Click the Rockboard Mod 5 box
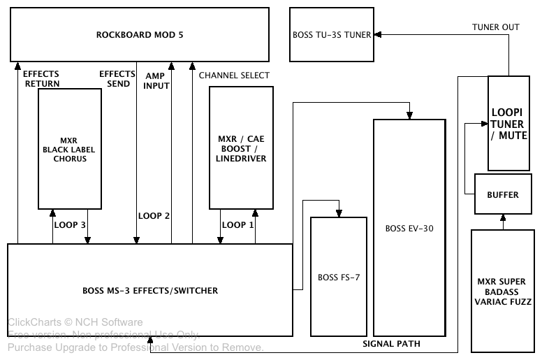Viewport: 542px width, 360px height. [140, 34]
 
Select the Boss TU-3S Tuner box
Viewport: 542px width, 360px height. [331, 34]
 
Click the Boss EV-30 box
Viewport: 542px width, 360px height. [409, 228]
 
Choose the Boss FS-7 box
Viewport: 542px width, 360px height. [338, 277]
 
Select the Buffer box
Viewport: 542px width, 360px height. [502, 194]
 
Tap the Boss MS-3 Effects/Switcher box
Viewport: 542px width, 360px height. [149, 289]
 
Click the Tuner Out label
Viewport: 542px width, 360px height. [496, 27]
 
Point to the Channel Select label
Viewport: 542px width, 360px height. [234, 75]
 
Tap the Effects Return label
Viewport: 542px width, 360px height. [41, 78]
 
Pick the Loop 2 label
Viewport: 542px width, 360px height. [154, 216]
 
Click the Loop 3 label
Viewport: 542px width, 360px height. [70, 225]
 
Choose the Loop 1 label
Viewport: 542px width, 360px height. [237, 225]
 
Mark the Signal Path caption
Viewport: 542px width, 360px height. [392, 344]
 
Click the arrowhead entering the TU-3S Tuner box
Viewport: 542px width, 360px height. [376, 34]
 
